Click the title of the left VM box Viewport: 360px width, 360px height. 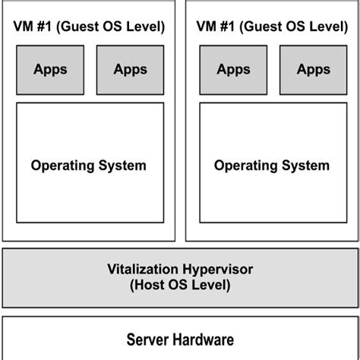89,27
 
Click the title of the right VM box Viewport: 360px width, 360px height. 273,27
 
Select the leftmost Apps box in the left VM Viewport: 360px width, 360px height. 50,69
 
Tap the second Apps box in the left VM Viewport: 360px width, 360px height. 130,69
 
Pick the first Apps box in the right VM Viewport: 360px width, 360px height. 233,69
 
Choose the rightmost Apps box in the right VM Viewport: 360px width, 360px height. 313,69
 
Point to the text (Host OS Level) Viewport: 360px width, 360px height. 180,286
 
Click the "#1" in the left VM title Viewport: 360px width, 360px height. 45,27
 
